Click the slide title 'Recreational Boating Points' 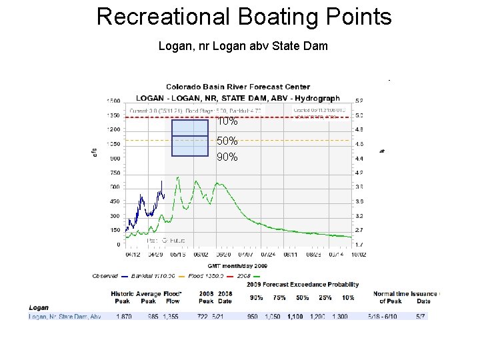[x=244, y=17]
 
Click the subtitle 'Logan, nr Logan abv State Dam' [x=243, y=47]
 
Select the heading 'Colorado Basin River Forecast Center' [x=238, y=87]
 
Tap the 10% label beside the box [x=227, y=121]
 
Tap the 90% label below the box [x=227, y=157]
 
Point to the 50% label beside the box [x=227, y=141]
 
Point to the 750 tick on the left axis [x=115, y=173]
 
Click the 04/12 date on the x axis [x=133, y=254]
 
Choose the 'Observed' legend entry [x=105, y=276]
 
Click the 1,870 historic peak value [x=125, y=317]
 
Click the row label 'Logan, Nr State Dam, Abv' [x=65, y=317]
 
